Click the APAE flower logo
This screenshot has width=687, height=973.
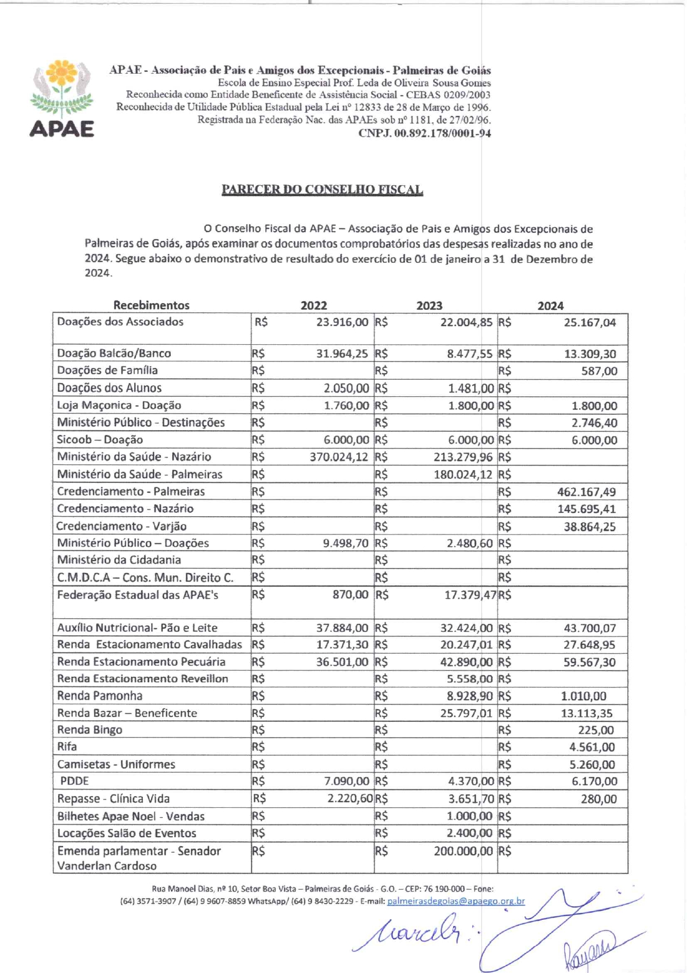61,98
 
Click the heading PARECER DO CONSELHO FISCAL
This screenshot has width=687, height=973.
322,190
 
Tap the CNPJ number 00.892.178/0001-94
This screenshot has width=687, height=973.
424,133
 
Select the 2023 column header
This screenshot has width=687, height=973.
429,305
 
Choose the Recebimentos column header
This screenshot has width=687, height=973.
151,305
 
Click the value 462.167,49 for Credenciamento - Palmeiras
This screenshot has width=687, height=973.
586,492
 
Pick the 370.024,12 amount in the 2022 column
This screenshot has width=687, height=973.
339,457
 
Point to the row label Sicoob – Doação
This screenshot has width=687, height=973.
100,440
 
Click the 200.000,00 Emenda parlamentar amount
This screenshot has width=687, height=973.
463,851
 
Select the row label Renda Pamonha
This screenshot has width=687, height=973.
100,696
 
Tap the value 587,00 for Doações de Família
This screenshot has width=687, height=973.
599,371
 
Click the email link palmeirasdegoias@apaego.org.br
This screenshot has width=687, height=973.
455,901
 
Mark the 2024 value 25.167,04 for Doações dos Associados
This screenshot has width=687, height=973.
589,323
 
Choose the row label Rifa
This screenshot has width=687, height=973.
67,747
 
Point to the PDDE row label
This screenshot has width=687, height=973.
74,781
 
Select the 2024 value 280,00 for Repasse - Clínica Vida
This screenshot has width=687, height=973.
598,799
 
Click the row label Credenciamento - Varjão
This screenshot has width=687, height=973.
121,526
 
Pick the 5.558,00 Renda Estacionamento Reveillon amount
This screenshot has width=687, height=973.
470,679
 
